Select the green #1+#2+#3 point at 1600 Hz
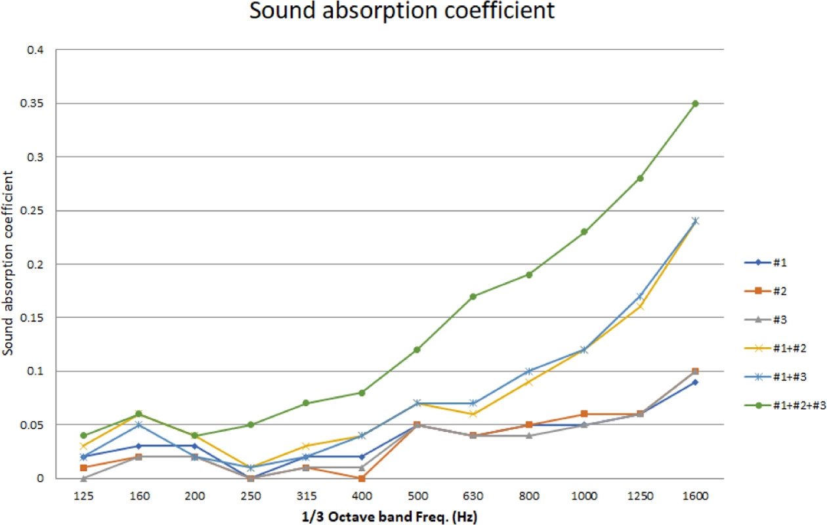(695, 103)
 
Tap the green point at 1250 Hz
(639, 178)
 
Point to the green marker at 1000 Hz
(583, 232)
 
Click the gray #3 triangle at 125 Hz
(83, 478)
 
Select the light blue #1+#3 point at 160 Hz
(139, 425)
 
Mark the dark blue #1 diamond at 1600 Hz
(695, 382)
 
